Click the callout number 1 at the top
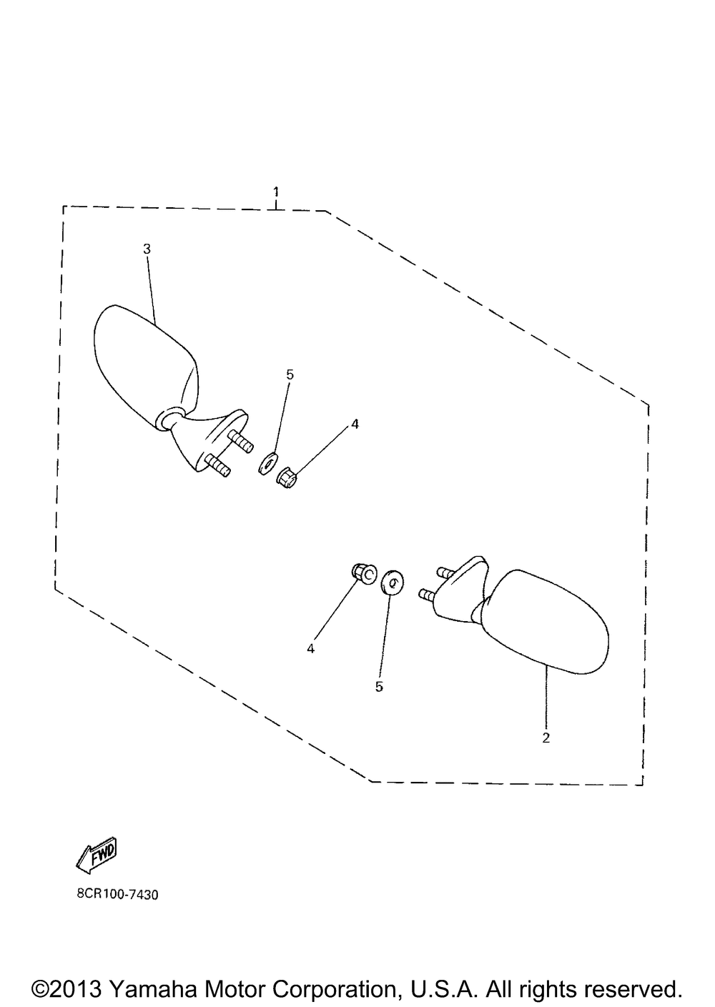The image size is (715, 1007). pos(276,192)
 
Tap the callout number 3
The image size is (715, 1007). pos(147,249)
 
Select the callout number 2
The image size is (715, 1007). pos(546,738)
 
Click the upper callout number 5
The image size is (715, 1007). pos(290,374)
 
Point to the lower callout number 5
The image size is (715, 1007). pos(379,687)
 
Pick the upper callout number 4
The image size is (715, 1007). pos(355,424)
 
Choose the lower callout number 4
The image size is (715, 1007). pos(311,649)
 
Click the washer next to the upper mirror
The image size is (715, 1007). pos(268,463)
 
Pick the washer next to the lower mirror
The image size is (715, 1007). pos(392,583)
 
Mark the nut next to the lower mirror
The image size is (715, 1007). pos(363,574)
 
